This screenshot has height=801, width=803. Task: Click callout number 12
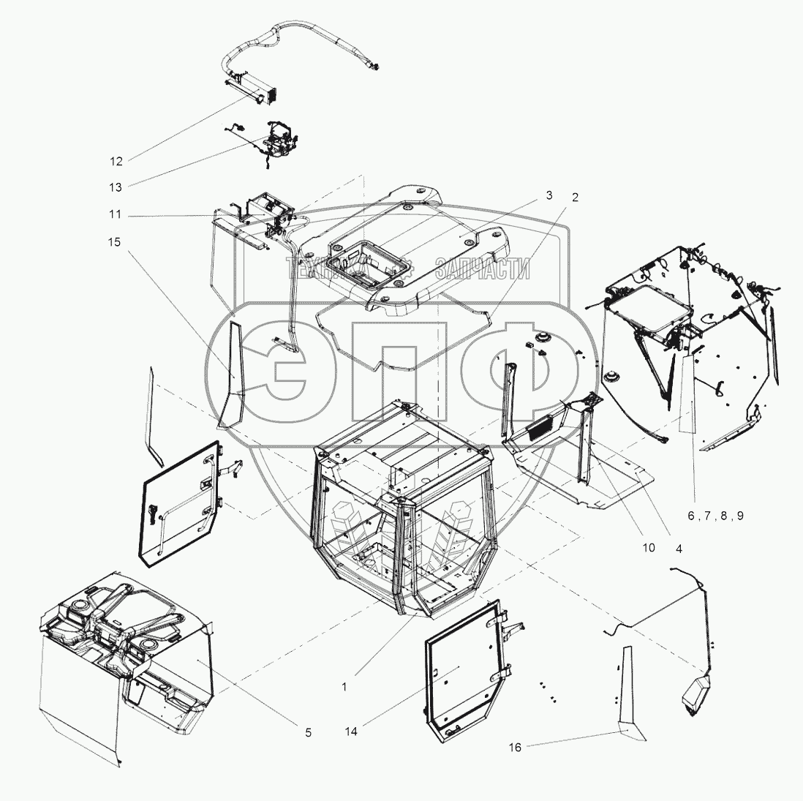[116, 162]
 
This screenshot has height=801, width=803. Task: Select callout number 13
[116, 187]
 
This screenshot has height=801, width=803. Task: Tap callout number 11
[116, 214]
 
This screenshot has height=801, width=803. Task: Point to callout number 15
[114, 241]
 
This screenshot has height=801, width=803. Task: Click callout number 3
[549, 195]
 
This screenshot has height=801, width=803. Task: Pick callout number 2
[575, 198]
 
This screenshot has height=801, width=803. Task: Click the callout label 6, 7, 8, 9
[715, 516]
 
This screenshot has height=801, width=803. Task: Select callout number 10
[649, 548]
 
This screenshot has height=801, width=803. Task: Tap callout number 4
[679, 549]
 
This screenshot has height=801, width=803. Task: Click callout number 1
[344, 687]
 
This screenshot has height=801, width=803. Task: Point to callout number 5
[309, 733]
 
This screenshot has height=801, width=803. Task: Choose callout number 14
[351, 732]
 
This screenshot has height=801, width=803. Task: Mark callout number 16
[515, 748]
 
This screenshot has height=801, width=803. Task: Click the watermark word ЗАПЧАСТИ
[483, 268]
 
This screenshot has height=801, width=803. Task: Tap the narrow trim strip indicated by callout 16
[627, 691]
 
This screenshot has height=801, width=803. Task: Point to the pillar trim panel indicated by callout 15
[230, 374]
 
